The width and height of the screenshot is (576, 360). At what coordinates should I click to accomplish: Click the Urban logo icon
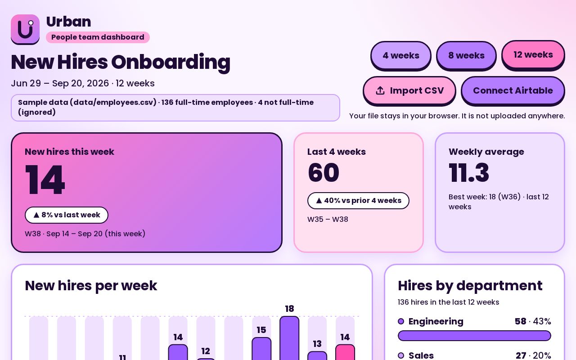tap(25, 29)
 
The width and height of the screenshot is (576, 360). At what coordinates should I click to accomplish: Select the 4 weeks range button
tap(400, 55)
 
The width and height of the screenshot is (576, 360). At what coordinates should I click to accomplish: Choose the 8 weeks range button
tap(466, 55)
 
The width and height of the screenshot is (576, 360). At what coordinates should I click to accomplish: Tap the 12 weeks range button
tap(533, 55)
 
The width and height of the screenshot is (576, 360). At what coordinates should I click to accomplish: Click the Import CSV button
tap(409, 91)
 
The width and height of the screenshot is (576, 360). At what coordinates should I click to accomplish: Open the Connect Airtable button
tap(513, 91)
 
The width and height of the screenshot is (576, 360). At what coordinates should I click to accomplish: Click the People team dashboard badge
tap(98, 37)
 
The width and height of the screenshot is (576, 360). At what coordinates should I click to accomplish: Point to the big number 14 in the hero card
tap(45, 180)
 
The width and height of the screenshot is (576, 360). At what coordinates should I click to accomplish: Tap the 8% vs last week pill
tap(66, 215)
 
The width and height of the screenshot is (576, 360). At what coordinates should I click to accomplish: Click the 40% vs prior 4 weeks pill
tap(358, 201)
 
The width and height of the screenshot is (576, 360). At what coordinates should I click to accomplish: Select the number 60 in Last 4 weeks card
tap(324, 172)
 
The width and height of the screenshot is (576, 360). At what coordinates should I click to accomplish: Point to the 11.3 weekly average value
tap(469, 172)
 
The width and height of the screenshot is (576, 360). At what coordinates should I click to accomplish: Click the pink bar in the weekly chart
tap(345, 352)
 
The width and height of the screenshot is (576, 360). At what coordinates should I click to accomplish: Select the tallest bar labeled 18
tap(289, 338)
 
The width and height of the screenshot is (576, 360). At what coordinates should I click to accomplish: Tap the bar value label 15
tap(261, 330)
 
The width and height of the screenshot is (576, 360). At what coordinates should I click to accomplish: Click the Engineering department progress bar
tap(474, 336)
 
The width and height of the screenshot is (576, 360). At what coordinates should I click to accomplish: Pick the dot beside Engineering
tap(401, 321)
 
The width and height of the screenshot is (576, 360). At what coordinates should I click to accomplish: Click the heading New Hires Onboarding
tap(121, 63)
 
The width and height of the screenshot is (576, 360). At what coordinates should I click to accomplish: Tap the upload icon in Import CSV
tap(380, 90)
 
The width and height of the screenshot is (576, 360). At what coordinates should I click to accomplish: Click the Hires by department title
tap(470, 286)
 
